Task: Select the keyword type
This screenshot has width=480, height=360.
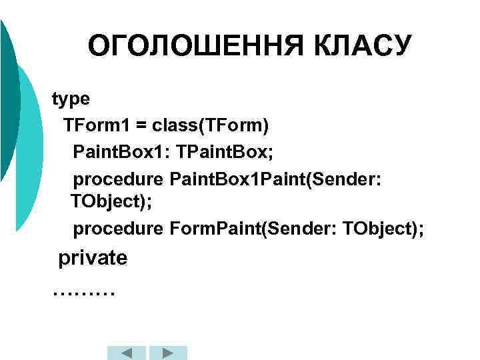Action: point(71,99)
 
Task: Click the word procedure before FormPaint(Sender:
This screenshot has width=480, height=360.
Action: point(118,229)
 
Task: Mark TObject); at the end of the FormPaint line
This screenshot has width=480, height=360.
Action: point(382,229)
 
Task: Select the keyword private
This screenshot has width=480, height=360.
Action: point(93,258)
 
